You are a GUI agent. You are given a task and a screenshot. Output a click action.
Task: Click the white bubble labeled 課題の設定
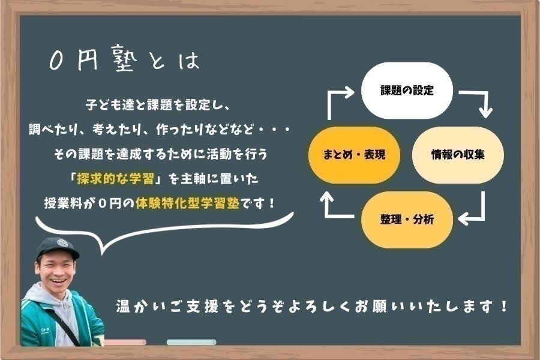(x=407, y=91)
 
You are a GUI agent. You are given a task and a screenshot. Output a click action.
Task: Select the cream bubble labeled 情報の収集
(x=458, y=155)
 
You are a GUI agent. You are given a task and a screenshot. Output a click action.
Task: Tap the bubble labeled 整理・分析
(x=407, y=220)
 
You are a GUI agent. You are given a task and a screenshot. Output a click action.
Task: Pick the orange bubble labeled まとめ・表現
(x=354, y=155)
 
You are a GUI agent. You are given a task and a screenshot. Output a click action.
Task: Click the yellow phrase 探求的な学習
(x=115, y=178)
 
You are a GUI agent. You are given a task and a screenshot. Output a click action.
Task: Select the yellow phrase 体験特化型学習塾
(x=187, y=203)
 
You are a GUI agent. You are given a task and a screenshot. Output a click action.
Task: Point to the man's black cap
(x=57, y=248)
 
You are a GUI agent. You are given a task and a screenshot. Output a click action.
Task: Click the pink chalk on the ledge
(x=125, y=342)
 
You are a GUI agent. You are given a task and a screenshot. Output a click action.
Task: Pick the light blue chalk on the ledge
(x=191, y=342)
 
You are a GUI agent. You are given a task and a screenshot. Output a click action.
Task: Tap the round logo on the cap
(x=62, y=243)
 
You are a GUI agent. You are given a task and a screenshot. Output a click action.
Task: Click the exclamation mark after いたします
(x=503, y=306)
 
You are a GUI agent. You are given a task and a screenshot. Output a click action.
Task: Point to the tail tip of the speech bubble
(x=102, y=254)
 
